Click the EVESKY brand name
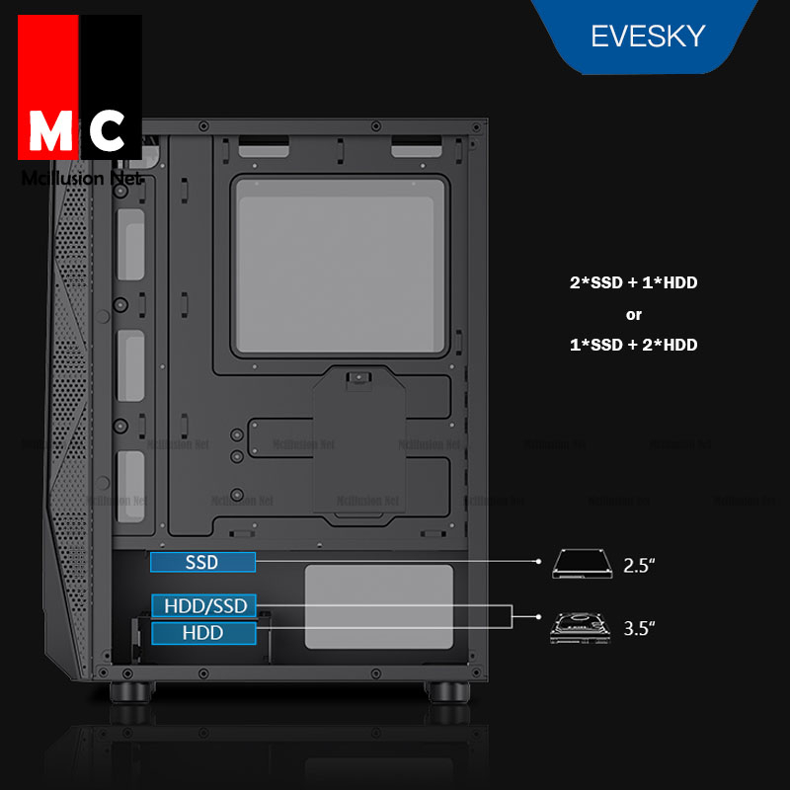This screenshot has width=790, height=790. point(648,37)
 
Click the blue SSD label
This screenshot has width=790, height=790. point(202,563)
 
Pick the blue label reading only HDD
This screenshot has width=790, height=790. point(202,633)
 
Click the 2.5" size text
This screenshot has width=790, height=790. point(640,566)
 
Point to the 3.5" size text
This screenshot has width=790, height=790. point(640,627)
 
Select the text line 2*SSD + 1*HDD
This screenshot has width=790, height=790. point(633,283)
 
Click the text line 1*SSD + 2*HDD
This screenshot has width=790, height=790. point(633,345)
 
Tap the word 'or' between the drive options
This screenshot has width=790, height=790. point(633,315)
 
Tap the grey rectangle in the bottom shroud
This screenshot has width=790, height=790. point(378,606)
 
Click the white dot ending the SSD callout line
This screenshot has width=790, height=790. point(539,561)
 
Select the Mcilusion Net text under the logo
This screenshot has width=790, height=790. point(81,179)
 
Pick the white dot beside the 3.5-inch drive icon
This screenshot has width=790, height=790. point(539,616)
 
